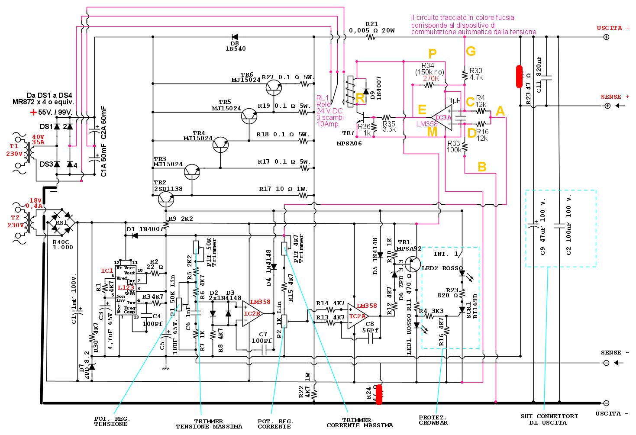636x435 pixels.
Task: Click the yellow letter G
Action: point(471,52)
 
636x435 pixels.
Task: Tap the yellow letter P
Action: point(432,54)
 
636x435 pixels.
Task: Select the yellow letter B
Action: point(482,167)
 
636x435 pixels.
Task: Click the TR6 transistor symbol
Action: point(274,88)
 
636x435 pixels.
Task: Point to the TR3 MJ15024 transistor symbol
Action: point(192,172)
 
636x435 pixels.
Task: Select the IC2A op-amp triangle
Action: point(358,316)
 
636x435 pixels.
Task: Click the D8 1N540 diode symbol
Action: point(235,37)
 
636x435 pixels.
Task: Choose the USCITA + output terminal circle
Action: point(606,37)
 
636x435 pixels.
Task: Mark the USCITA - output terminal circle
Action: point(606,403)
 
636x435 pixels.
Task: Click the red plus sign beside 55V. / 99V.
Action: point(33,113)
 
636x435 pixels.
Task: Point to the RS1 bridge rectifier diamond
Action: point(61,222)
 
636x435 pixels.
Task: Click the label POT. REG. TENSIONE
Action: point(112,422)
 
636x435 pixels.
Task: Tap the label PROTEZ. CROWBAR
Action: point(433,420)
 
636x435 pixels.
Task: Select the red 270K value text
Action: point(431,78)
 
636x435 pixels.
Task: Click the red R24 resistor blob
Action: point(379,394)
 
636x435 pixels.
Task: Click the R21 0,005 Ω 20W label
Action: point(371,28)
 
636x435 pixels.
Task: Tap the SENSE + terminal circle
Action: point(607,106)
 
